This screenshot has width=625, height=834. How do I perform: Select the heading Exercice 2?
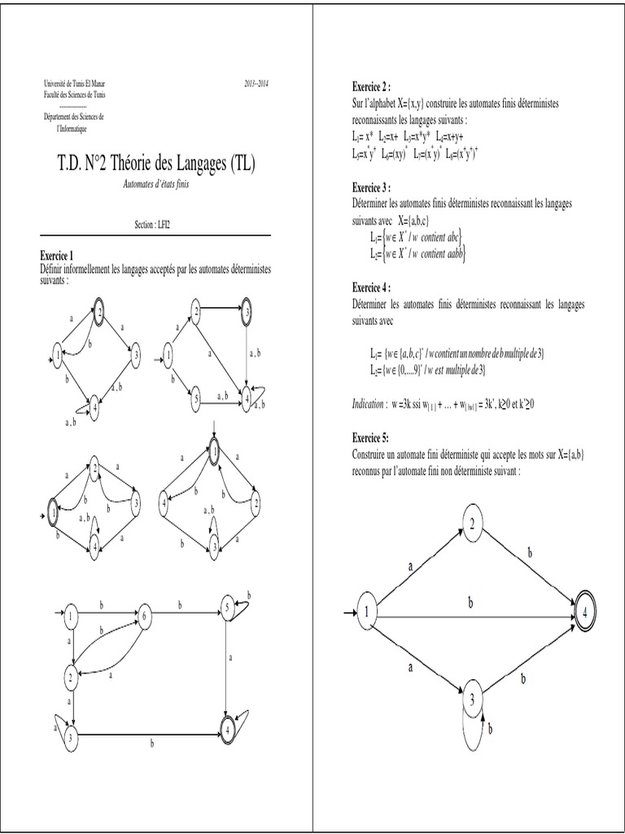click(371, 86)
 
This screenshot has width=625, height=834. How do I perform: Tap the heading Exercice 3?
click(371, 187)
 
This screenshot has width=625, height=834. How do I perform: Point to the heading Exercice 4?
click(371, 288)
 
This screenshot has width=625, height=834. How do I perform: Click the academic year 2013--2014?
click(256, 84)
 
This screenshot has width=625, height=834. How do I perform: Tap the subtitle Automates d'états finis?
click(154, 185)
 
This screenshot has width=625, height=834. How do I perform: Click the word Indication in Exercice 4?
click(369, 404)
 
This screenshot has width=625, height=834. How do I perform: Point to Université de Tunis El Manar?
click(73, 84)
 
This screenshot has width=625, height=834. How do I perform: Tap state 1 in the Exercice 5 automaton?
click(367, 612)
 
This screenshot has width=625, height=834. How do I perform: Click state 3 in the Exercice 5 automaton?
click(472, 699)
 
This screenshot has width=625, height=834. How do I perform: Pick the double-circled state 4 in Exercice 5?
click(583, 612)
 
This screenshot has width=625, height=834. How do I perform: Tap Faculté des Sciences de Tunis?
click(74, 94)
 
